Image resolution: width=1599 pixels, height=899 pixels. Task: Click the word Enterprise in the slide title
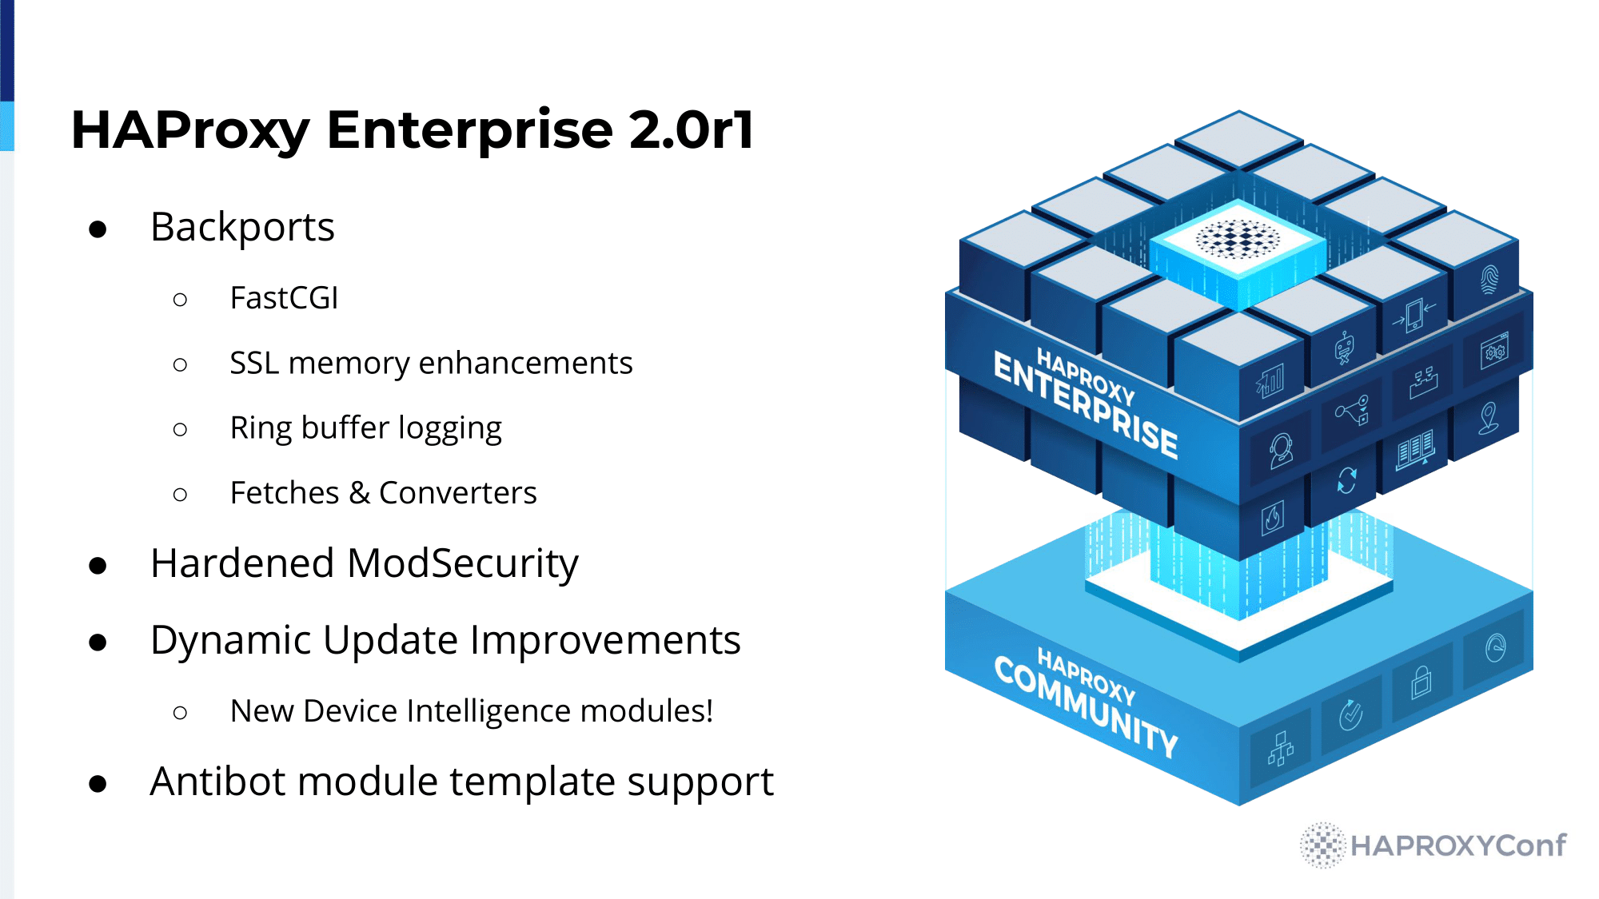470,130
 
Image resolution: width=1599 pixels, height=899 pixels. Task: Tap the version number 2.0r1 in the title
692,130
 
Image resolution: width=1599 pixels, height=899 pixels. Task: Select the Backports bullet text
242,228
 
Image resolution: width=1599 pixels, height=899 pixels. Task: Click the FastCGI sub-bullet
284,298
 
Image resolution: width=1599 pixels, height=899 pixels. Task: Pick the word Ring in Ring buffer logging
260,428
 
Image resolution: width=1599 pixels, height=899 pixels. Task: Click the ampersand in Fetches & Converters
359,493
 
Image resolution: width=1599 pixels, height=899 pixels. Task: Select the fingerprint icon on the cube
1489,280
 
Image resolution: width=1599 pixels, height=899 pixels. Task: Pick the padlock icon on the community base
1421,682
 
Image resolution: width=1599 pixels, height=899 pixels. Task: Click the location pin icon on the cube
1488,418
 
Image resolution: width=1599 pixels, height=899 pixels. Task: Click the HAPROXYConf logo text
1457,845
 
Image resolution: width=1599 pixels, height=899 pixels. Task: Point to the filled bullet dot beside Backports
98,229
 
